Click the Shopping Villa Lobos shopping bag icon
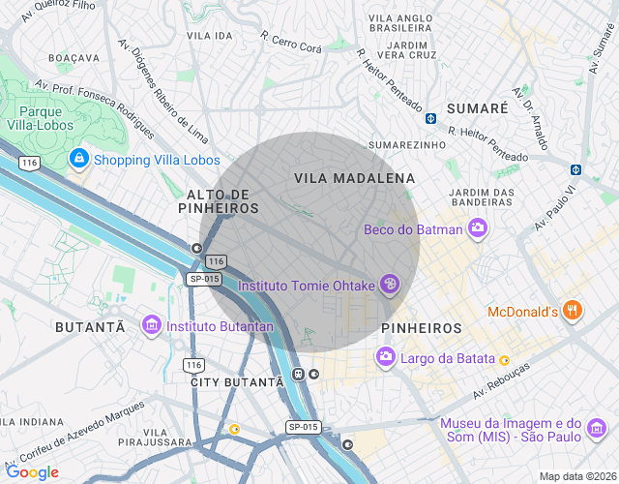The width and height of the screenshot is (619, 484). [x=78, y=160]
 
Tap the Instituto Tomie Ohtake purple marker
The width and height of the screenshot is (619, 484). [x=390, y=285]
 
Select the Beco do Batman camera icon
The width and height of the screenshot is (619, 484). [x=476, y=229]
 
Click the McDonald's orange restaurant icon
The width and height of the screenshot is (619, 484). [x=573, y=311]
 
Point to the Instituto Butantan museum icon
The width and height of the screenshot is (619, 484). [x=151, y=326]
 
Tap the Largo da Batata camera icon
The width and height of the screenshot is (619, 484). [x=386, y=359]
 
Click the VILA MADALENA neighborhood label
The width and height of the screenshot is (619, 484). [x=355, y=179]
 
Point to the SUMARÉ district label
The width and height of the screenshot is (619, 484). [x=477, y=108]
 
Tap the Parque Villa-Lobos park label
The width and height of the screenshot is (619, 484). [x=36, y=116]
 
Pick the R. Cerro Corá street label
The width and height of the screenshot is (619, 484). [x=291, y=41]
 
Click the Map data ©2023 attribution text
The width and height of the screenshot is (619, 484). [x=576, y=476]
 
